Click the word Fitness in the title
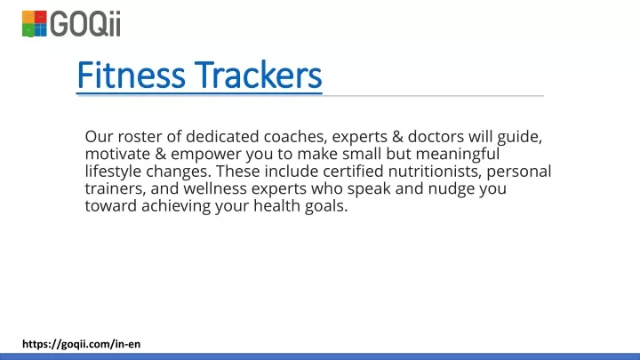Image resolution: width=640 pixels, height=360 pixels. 131,75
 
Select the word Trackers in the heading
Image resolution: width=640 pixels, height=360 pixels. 258,75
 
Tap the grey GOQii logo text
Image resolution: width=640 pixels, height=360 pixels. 85,24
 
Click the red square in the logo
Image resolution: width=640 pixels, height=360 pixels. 40,17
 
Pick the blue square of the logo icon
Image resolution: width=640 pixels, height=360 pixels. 40,30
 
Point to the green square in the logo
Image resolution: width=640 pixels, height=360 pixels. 28,30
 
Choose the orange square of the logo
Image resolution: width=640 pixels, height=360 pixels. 28,17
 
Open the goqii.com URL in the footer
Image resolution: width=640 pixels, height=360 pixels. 81,344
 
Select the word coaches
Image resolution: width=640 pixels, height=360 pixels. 295,136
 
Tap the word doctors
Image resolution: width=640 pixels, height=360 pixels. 436,136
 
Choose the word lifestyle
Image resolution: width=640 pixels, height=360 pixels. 113,172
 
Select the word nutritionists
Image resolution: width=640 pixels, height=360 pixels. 433,172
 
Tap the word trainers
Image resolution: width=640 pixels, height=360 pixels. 115,189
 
